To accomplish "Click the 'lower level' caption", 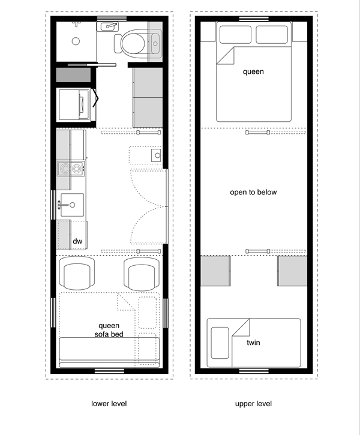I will pos(109,404).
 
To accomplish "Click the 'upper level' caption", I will pos(253,404).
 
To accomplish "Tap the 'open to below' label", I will pos(253,193).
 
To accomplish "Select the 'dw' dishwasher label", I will pos(77,241).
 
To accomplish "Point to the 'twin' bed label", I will pos(253,343).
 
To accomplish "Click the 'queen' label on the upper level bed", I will pos(253,71).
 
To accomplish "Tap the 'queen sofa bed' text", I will pos(109,330).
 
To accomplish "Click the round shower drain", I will pos(76,41).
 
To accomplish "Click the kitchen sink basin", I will pos(71,205).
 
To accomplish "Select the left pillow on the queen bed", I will pos(235,36).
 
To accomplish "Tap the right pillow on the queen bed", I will pos(272,36).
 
